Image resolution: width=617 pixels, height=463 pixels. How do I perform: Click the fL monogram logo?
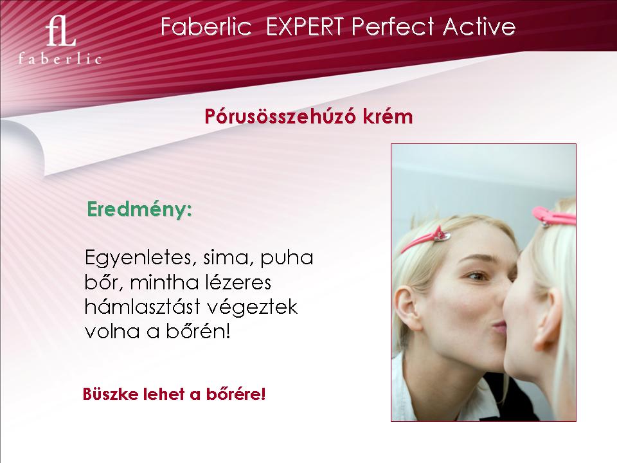pos(60,31)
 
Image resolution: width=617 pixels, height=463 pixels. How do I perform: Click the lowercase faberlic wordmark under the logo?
pos(60,59)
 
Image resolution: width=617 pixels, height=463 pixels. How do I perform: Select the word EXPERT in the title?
pos(305,27)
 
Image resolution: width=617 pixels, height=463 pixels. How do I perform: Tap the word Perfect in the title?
pos(393,27)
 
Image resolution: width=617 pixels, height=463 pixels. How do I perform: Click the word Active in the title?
pos(479,27)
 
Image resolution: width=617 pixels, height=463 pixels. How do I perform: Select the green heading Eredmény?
pos(139,210)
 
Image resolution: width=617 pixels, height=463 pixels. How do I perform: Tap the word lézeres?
pos(240,282)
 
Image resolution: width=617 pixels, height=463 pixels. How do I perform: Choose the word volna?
pos(112,331)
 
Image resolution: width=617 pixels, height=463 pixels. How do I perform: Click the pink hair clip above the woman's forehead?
pos(426,239)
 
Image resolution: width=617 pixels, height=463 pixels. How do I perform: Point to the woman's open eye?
pos(478,276)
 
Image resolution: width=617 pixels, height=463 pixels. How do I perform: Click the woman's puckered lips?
pos(500,327)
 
